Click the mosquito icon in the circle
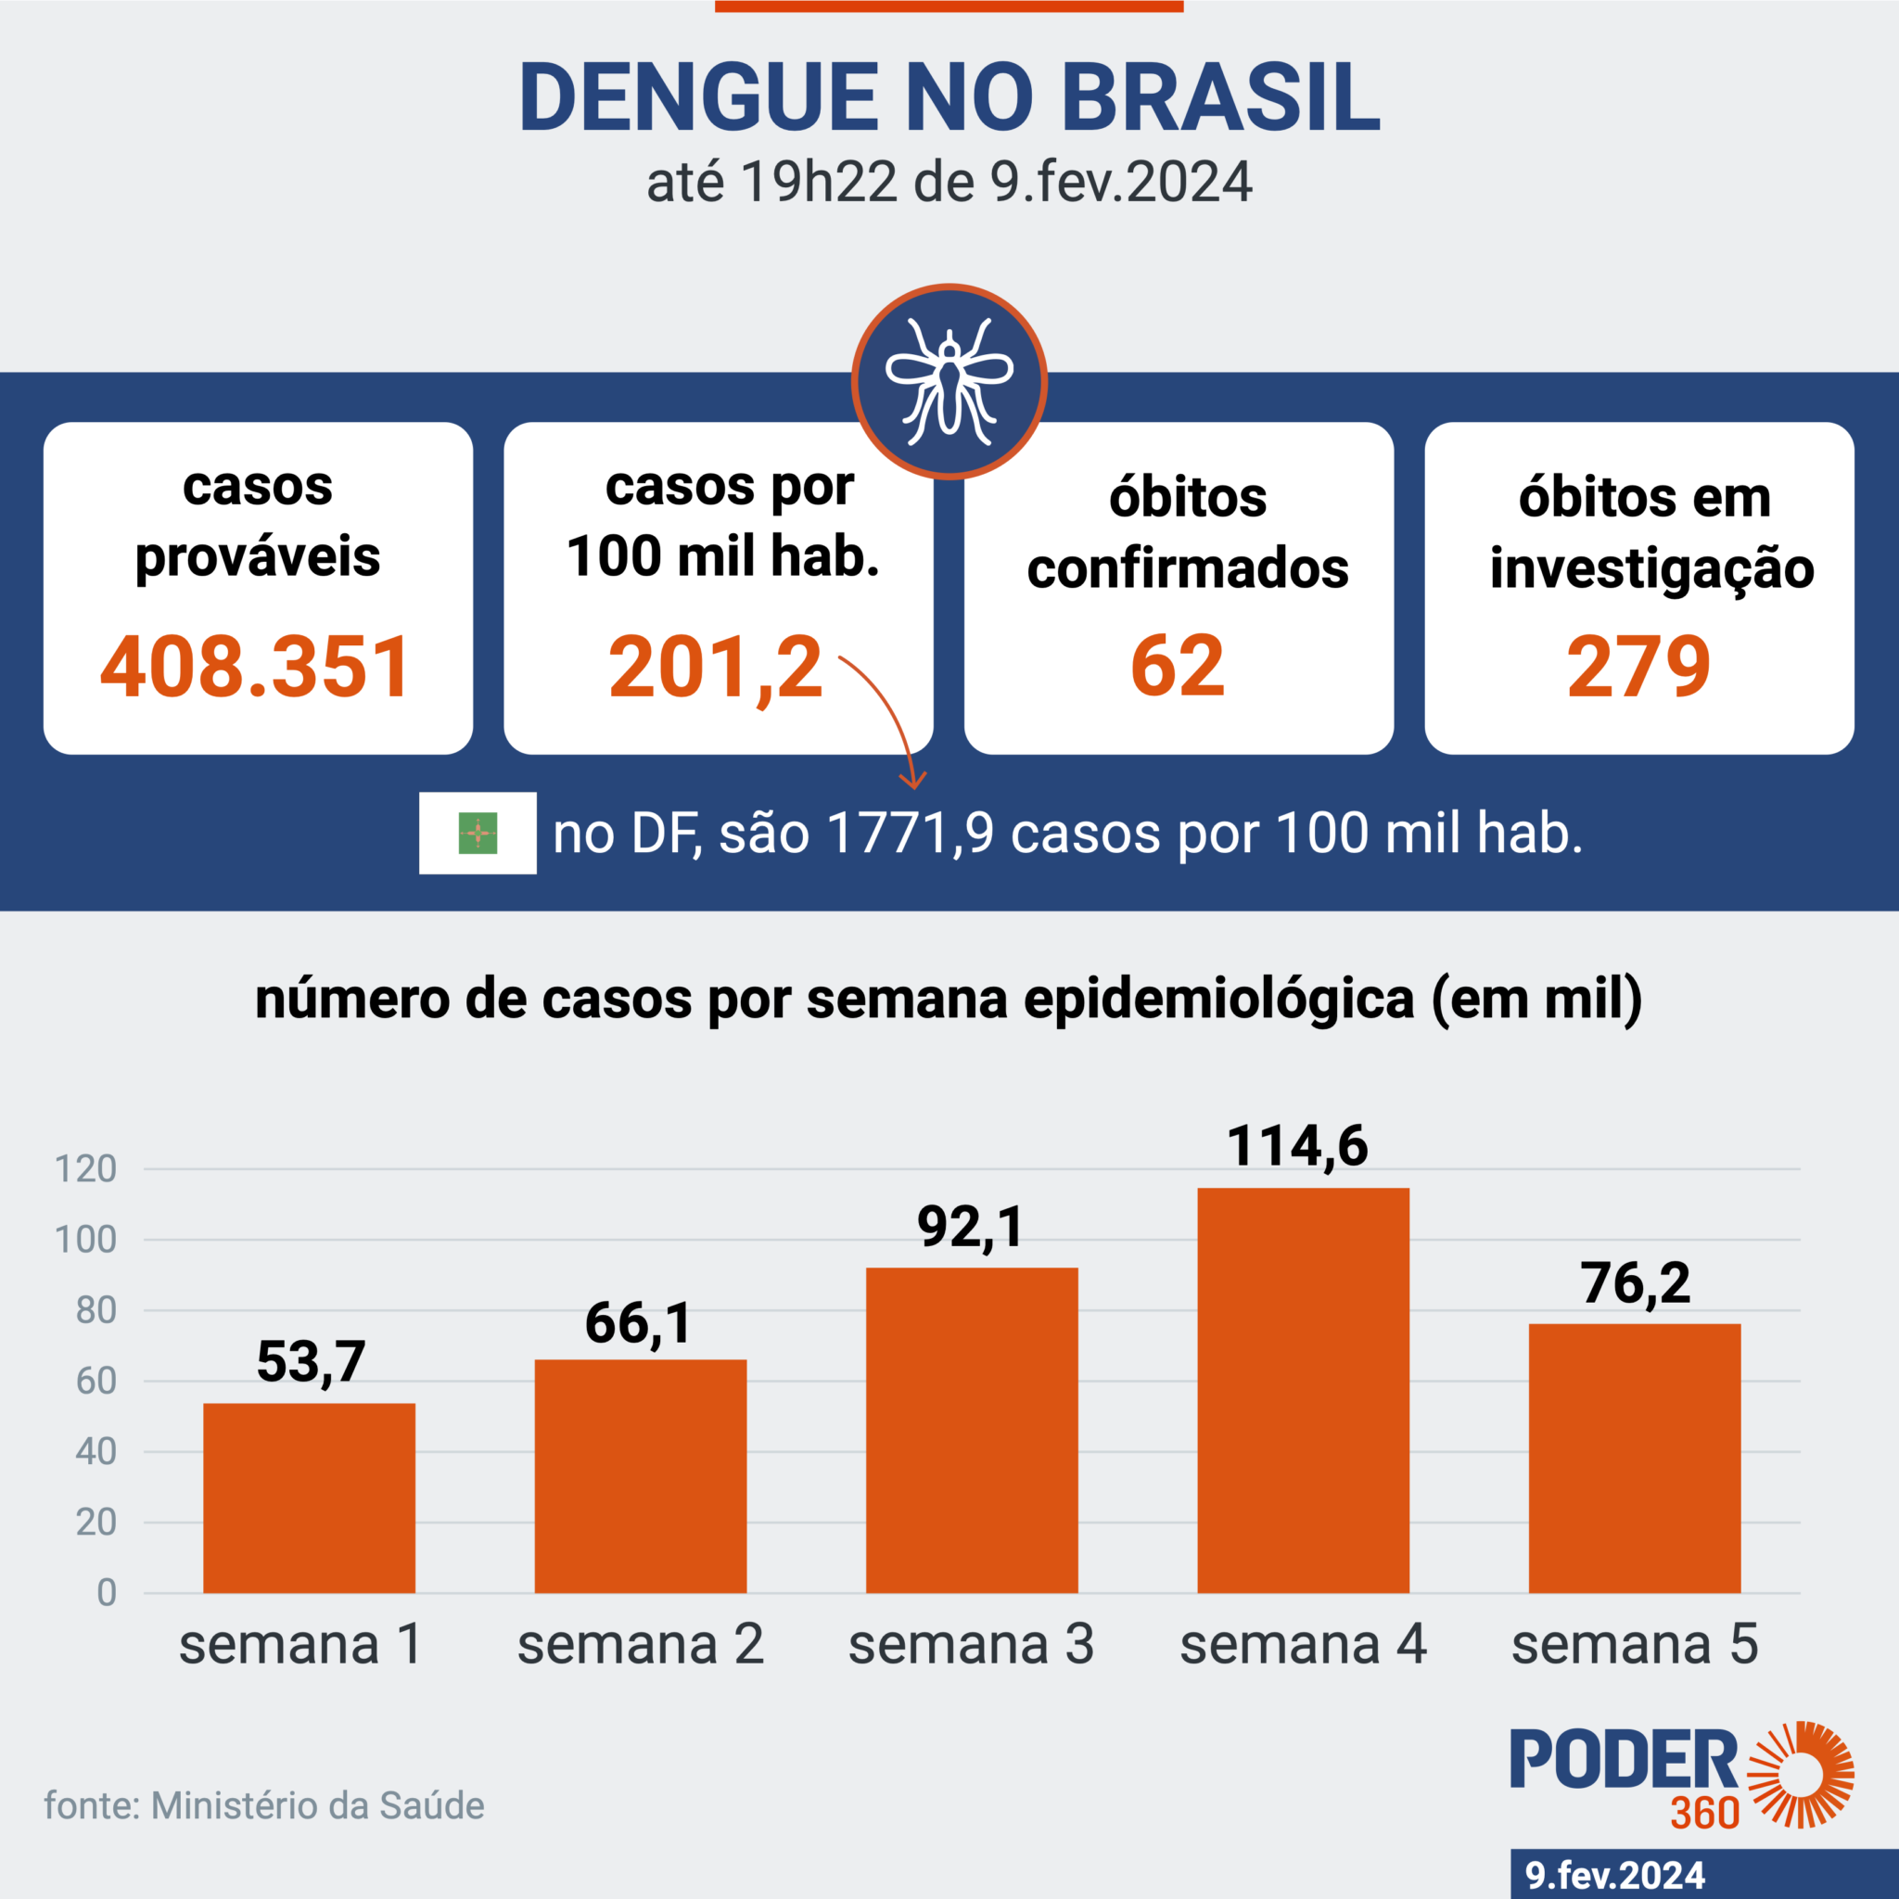(949, 381)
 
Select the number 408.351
(256, 668)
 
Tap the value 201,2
(715, 669)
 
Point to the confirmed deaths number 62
(1178, 667)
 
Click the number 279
(1638, 668)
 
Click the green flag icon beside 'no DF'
(478, 833)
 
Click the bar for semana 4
(1303, 1390)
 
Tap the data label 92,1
(970, 1228)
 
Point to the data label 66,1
(638, 1323)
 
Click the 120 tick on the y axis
(86, 1169)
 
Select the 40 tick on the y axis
(96, 1452)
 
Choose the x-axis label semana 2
(640, 1643)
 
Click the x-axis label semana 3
(971, 1643)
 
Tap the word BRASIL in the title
(1220, 97)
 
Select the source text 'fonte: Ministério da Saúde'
(264, 1805)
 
